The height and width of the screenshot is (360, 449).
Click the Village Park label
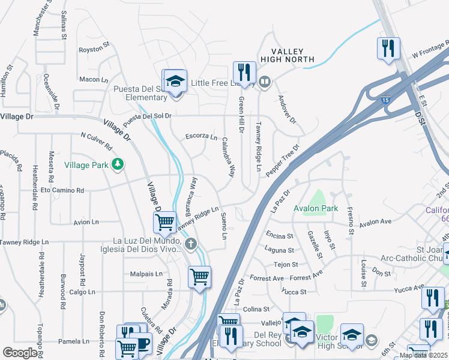click(x=85, y=165)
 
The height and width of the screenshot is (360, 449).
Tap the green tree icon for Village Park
click(x=118, y=164)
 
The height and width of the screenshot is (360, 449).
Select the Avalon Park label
click(x=316, y=209)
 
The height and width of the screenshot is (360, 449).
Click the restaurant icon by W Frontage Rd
click(x=388, y=47)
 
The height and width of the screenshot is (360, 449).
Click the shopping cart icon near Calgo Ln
click(x=199, y=277)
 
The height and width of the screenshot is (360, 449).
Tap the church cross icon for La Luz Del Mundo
click(x=191, y=243)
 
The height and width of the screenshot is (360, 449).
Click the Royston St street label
click(x=94, y=44)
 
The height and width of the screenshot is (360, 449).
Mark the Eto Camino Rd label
click(x=62, y=190)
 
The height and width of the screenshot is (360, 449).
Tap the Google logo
click(x=20, y=353)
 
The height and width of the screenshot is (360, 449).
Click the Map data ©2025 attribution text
click(x=423, y=355)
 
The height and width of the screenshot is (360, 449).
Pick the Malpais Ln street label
click(x=146, y=274)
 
